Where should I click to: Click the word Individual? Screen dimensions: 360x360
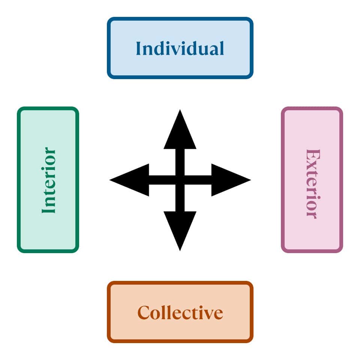[180, 48]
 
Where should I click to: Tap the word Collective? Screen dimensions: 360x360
[180, 312]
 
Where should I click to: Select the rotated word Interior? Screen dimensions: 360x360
[49, 180]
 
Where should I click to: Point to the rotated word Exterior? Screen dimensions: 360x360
[312, 183]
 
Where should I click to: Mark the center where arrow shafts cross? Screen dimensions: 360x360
[180, 180]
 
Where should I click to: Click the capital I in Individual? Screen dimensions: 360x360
[138, 48]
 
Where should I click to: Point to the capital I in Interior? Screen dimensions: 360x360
[49, 210]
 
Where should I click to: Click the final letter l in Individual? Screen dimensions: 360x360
[222, 48]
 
